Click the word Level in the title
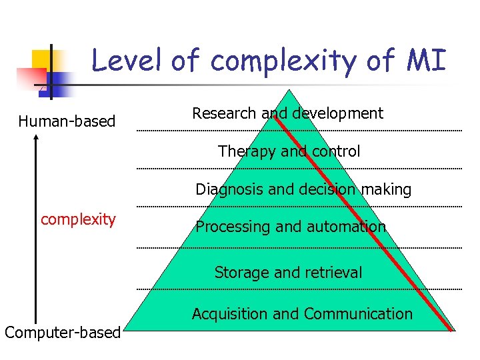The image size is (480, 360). (127, 61)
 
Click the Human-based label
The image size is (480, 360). (67, 121)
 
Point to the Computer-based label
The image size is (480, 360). (63, 332)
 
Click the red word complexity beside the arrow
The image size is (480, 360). (78, 219)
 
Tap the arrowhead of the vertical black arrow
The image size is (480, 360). (36, 138)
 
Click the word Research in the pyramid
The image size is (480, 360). (224, 113)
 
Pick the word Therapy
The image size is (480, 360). (247, 151)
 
